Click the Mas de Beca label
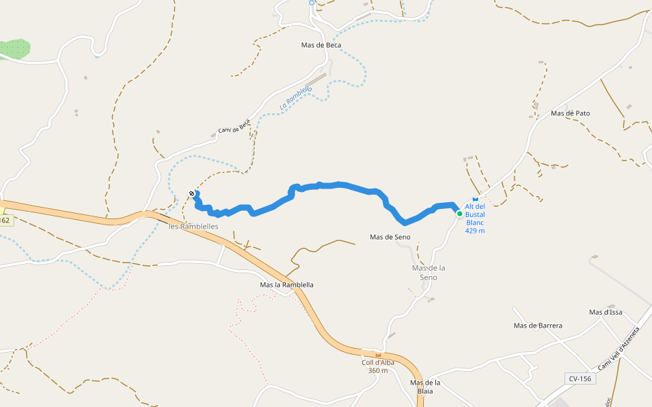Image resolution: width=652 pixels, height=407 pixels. point(321,45)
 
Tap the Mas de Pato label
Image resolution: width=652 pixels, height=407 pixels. point(570,113)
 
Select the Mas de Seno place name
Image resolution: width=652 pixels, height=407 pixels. point(390,237)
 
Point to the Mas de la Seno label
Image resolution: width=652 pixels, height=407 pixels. point(429,273)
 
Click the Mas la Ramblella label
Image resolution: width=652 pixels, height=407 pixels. point(287,285)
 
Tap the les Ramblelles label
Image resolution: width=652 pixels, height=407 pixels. point(194,227)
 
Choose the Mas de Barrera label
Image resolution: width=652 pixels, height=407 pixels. point(538,326)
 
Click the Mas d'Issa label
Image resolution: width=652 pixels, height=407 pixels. point(606,313)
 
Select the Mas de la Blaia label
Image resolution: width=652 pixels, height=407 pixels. point(426,387)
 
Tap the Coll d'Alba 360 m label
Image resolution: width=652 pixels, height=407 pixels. point(378,366)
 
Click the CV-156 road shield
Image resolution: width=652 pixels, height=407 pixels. point(580,379)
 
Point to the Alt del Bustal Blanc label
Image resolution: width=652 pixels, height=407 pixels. point(475,218)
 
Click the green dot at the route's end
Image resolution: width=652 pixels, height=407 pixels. point(460,214)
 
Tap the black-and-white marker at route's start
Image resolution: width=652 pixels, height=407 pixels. point(192,194)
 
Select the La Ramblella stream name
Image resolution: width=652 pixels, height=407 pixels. point(296,99)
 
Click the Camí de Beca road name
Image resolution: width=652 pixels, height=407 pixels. point(234,127)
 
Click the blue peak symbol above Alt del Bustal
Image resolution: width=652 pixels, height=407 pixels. point(475,199)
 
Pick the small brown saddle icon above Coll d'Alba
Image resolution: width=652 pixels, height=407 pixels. point(378,355)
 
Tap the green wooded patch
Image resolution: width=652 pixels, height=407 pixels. point(15,49)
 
